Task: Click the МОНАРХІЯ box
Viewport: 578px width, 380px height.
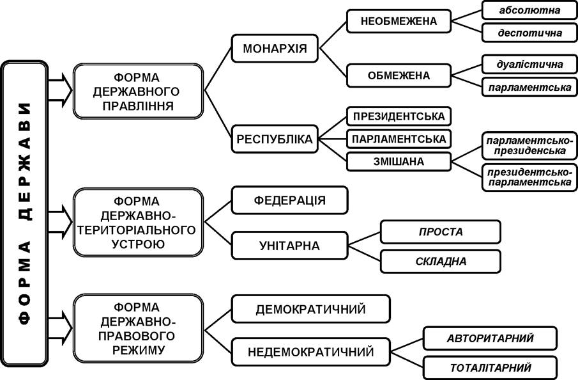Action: click(x=275, y=49)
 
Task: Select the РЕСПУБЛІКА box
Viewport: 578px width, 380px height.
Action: click(x=275, y=139)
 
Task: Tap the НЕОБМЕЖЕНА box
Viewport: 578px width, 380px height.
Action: click(x=399, y=21)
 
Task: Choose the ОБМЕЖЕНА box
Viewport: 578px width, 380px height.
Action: click(x=399, y=75)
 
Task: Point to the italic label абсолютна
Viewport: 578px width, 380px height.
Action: click(x=529, y=10)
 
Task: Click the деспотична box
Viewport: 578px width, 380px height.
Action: click(x=529, y=33)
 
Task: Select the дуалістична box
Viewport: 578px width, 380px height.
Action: click(x=529, y=64)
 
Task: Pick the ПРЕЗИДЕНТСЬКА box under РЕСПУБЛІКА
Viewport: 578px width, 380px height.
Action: click(x=399, y=116)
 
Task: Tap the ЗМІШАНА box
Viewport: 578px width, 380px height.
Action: click(x=399, y=161)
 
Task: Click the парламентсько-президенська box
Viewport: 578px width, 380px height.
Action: click(x=529, y=146)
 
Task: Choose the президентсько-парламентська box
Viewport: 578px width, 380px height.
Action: click(x=529, y=178)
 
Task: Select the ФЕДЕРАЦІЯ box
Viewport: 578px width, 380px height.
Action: click(x=290, y=200)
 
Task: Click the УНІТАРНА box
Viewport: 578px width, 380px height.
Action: click(x=290, y=246)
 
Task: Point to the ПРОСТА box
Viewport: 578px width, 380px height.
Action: click(x=441, y=232)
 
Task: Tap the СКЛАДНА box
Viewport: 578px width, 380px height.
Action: click(x=441, y=262)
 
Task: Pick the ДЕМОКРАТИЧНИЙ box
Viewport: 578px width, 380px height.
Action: click(x=311, y=309)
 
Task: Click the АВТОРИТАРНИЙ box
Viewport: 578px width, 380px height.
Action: click(x=490, y=338)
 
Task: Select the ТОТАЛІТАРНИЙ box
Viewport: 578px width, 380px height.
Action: click(x=490, y=368)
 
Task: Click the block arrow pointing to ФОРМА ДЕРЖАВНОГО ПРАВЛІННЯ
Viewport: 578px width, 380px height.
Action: click(x=60, y=90)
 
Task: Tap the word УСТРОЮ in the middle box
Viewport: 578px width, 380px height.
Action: click(x=138, y=244)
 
